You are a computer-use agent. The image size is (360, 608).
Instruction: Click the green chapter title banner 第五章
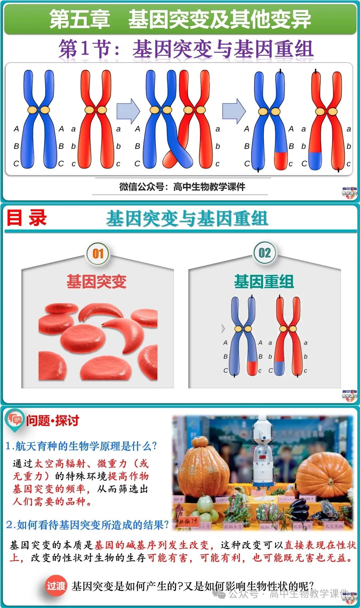pos(180,19)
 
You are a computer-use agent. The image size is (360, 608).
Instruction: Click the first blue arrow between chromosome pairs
pos(128,111)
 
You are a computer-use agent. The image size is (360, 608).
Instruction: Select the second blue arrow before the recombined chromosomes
pos(234,111)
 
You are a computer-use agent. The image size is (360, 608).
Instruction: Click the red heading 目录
pos(27,218)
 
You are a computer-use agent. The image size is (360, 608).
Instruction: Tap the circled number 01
pos(98,254)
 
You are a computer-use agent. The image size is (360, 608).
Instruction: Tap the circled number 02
pos(265,253)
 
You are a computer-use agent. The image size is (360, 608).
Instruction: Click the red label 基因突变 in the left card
pos(97,282)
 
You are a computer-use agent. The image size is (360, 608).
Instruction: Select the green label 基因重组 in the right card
pos(264,282)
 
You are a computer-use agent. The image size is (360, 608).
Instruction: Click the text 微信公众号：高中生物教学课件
pos(182,187)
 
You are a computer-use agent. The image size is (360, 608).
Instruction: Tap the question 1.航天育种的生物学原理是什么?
pos(81,446)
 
